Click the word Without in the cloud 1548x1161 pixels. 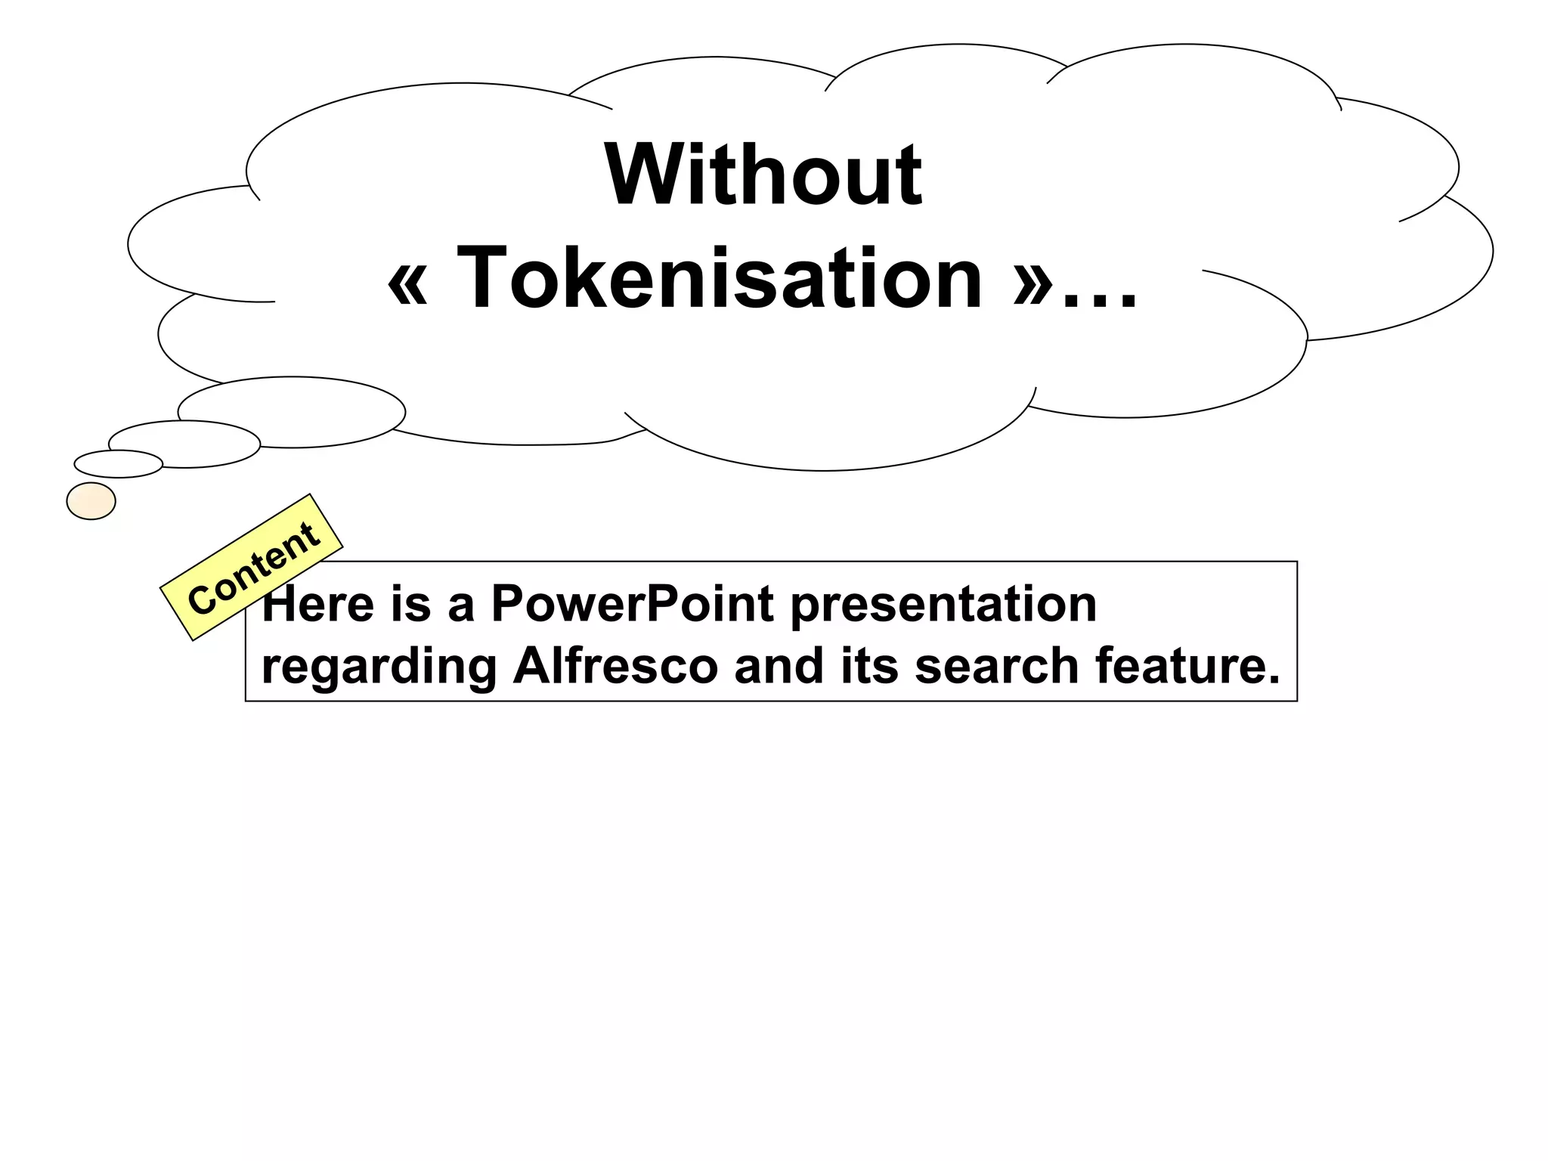(x=763, y=175)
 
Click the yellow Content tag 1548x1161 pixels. (x=252, y=568)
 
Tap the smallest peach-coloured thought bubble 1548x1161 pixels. (x=91, y=501)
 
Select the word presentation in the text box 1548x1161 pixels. (x=943, y=605)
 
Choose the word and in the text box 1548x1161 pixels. (x=779, y=666)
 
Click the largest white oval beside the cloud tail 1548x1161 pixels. (x=292, y=412)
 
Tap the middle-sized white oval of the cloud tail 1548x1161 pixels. (x=184, y=444)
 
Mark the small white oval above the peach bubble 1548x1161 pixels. (x=119, y=464)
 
